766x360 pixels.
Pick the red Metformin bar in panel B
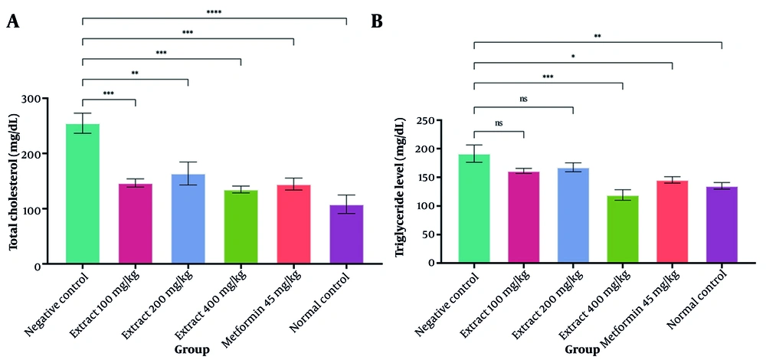pyautogui.click(x=673, y=221)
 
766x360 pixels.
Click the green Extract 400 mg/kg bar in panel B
pyautogui.click(x=623, y=229)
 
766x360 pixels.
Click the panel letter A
pyautogui.click(x=12, y=21)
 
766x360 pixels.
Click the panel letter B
pyautogui.click(x=377, y=21)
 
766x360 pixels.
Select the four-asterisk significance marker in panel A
pyautogui.click(x=214, y=12)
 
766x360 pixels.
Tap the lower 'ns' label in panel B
pyautogui.click(x=499, y=123)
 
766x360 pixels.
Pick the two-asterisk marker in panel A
pyautogui.click(x=135, y=74)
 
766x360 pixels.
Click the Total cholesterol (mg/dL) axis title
pyautogui.click(x=14, y=181)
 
